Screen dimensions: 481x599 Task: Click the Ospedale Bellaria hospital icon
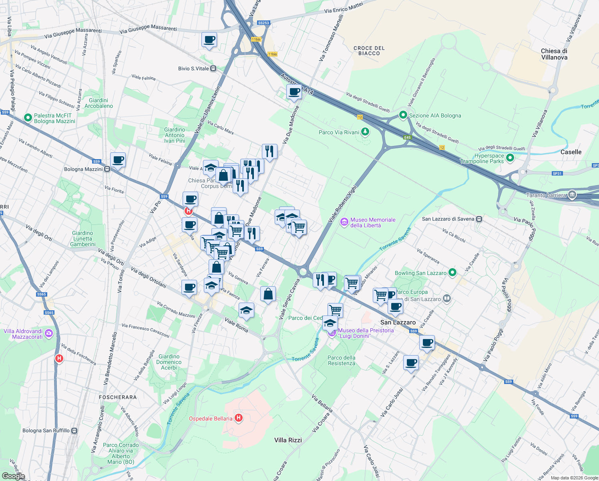point(239,418)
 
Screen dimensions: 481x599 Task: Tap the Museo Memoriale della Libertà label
point(372,222)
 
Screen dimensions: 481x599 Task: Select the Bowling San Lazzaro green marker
point(452,273)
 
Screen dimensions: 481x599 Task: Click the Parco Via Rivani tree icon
point(365,132)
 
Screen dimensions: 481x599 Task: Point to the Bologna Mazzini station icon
point(107,169)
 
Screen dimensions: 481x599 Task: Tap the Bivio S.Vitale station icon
point(213,69)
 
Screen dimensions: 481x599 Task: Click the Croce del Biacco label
point(369,51)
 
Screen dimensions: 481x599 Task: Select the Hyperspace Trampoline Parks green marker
point(510,158)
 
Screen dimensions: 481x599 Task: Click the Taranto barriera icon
point(572,195)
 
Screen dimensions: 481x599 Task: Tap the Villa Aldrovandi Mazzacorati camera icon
point(49,333)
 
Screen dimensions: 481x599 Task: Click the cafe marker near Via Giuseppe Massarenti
point(209,40)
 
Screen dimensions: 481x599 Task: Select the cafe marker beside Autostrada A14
point(294,92)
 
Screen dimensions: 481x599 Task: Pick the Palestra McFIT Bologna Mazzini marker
point(28,118)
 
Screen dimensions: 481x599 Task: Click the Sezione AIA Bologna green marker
point(403,115)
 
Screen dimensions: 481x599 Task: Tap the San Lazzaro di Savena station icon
point(479,219)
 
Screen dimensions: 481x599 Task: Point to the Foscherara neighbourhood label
point(118,397)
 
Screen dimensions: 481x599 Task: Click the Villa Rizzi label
point(288,440)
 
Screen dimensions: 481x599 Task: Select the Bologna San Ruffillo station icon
point(74,430)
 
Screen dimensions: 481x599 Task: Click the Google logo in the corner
point(14,476)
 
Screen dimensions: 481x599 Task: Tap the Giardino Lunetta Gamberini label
point(83,238)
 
